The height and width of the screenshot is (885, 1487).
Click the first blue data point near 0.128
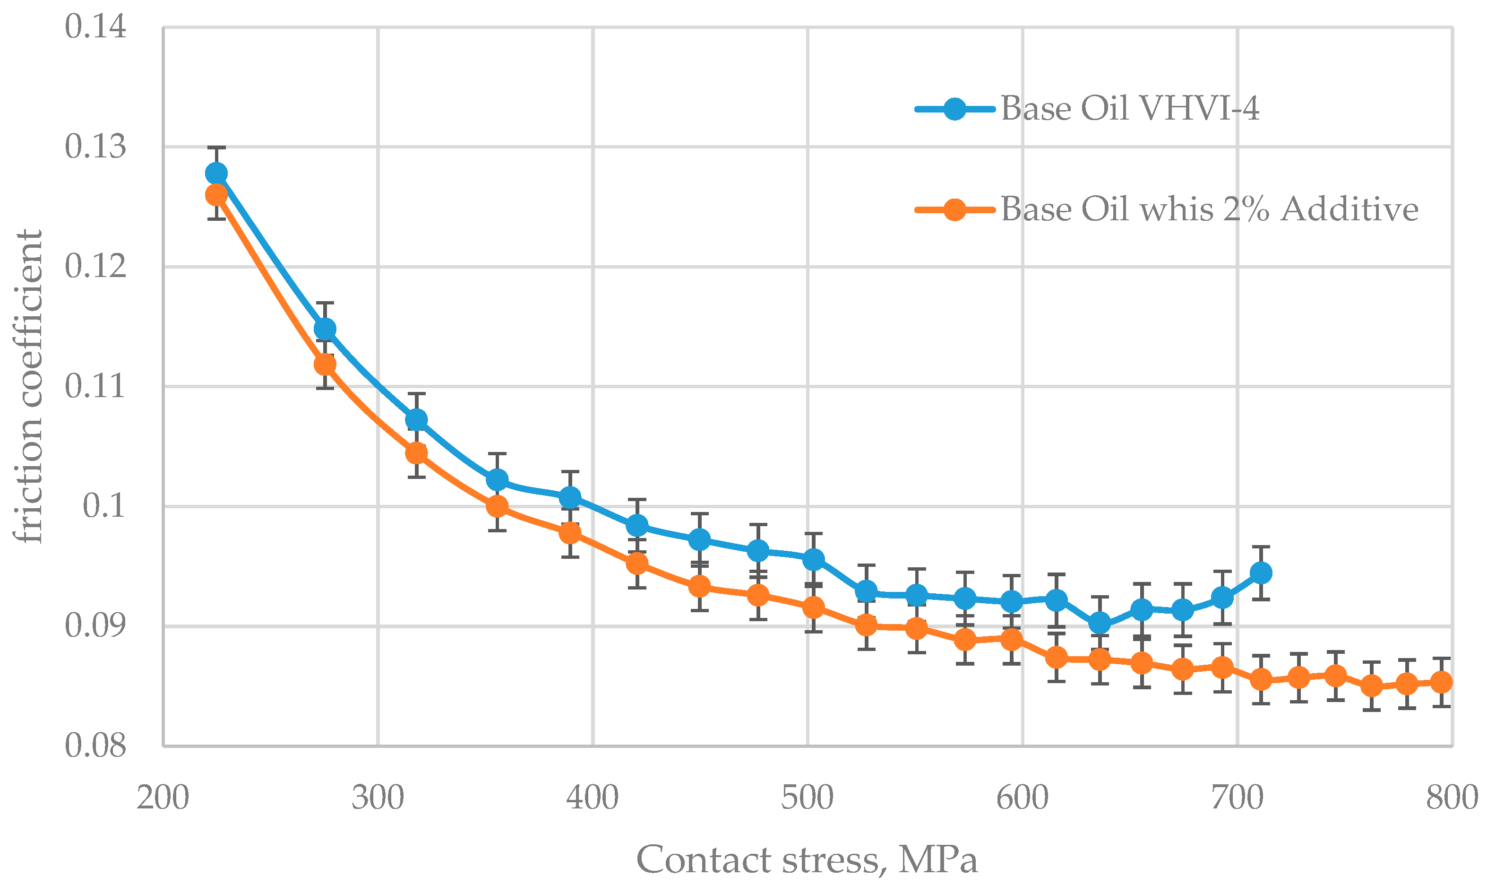pos(216,174)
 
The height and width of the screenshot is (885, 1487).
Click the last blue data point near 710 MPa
pos(1261,573)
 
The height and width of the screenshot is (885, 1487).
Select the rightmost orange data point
pos(1441,682)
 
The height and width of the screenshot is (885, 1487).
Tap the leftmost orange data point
pos(216,195)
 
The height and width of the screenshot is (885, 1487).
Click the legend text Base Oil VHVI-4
pos(1129,109)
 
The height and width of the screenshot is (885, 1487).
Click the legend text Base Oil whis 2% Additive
pos(1209,209)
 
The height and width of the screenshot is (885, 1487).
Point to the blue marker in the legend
pos(954,109)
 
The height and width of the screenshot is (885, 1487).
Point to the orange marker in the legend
pos(954,209)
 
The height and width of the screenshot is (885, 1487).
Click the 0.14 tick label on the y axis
pos(95,27)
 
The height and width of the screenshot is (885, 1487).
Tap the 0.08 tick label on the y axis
pos(95,746)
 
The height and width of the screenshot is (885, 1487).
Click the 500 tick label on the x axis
pos(807,798)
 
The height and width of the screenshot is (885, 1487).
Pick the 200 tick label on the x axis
pos(163,798)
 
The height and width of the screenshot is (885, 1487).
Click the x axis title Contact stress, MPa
pos(807,860)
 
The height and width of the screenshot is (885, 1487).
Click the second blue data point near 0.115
pos(325,329)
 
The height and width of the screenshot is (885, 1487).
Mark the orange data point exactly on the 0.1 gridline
pos(497,506)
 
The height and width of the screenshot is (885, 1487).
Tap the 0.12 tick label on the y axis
pos(95,267)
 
